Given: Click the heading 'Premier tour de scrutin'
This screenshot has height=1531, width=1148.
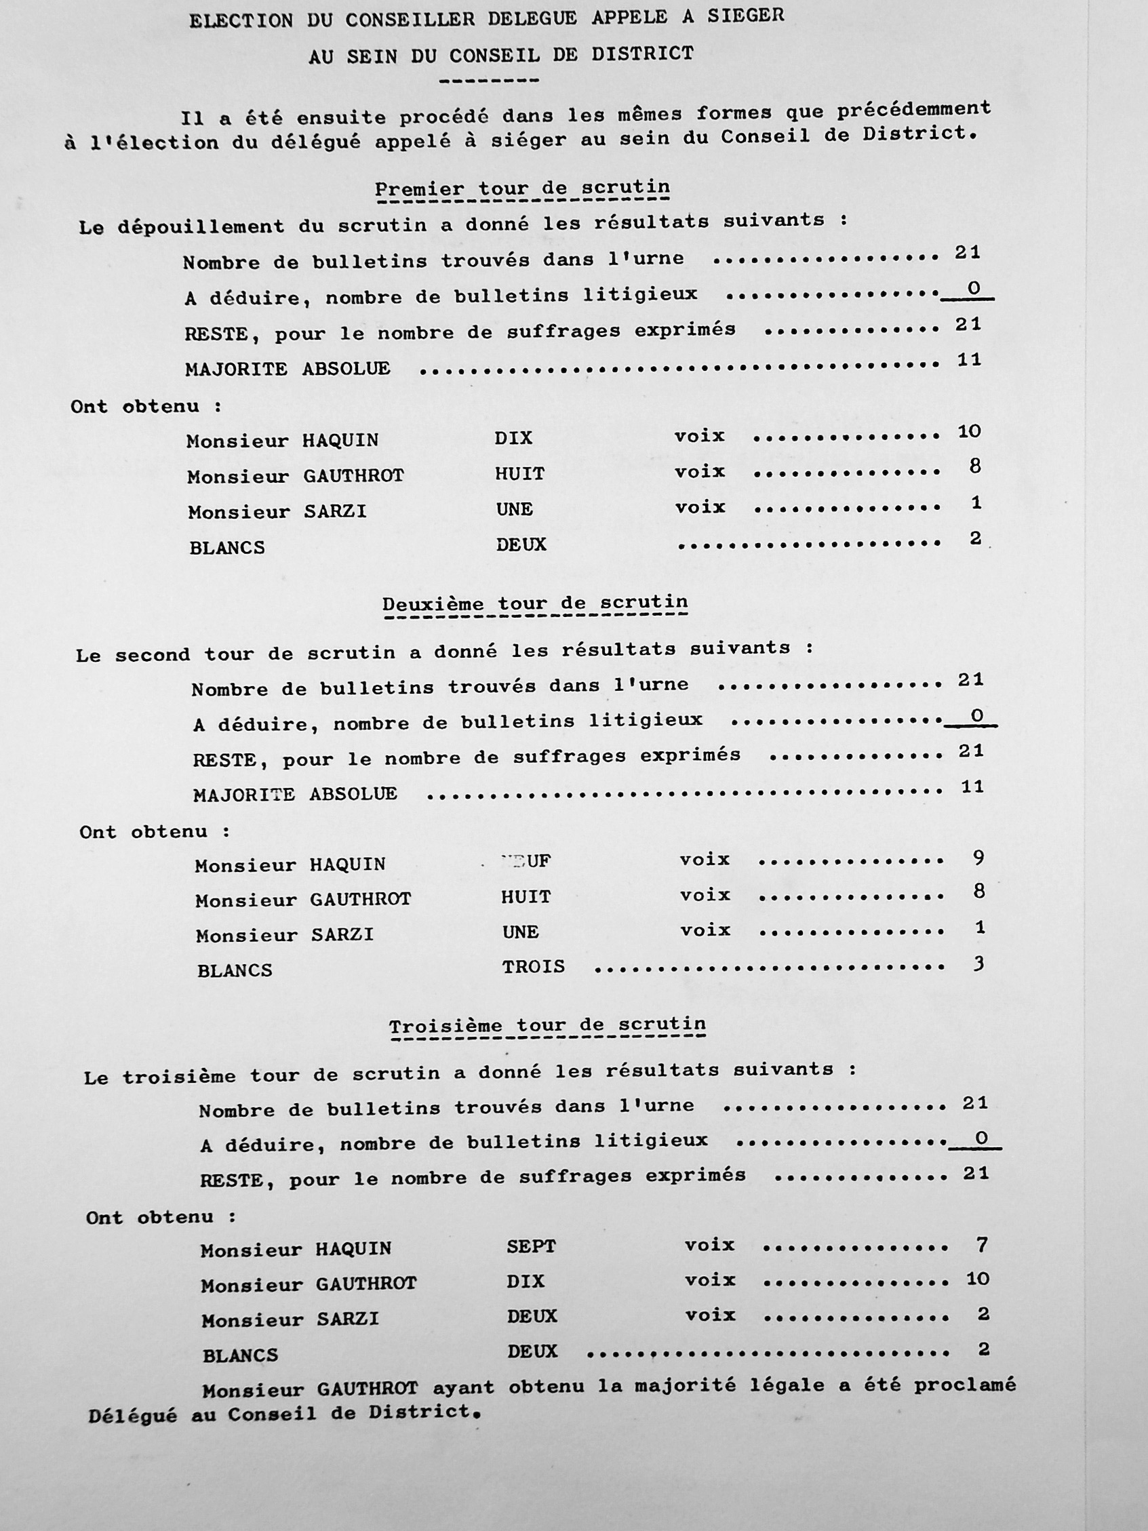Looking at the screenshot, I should (522, 189).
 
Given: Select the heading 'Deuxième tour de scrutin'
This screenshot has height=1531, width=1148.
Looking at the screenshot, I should (535, 603).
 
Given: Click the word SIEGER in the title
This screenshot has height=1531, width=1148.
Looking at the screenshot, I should (746, 16).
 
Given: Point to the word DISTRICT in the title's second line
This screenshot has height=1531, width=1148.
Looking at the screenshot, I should (642, 54).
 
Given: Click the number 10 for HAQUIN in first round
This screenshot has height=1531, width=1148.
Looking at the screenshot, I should (969, 431).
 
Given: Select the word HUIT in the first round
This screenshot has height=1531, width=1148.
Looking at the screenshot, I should (519, 473).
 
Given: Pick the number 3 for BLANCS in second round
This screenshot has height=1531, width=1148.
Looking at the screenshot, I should (978, 963).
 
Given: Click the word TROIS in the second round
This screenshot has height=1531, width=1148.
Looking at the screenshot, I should (534, 966).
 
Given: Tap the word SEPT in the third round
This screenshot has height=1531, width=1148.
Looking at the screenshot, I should (531, 1246).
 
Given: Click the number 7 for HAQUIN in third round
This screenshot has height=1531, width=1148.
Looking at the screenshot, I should (981, 1246).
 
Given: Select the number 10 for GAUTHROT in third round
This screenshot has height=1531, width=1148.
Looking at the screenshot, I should (978, 1279).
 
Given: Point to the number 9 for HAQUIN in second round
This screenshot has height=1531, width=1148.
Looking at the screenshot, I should (978, 858).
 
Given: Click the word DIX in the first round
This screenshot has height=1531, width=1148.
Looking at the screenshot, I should (513, 438).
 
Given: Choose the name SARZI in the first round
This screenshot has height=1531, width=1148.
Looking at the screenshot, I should (336, 511).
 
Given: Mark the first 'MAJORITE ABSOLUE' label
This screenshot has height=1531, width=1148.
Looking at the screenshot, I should (288, 368).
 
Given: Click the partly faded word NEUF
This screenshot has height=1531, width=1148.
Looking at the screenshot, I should (526, 861).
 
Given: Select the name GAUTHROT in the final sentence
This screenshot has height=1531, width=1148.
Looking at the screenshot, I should (368, 1389).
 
